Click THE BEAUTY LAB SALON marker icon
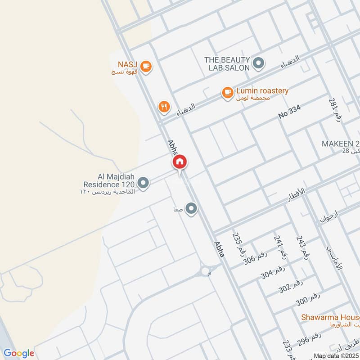[x=258, y=63]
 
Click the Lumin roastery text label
[x=262, y=91]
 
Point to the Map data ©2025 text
[x=336, y=355]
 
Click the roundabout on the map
[x=206, y=271]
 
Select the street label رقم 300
[x=308, y=300]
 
